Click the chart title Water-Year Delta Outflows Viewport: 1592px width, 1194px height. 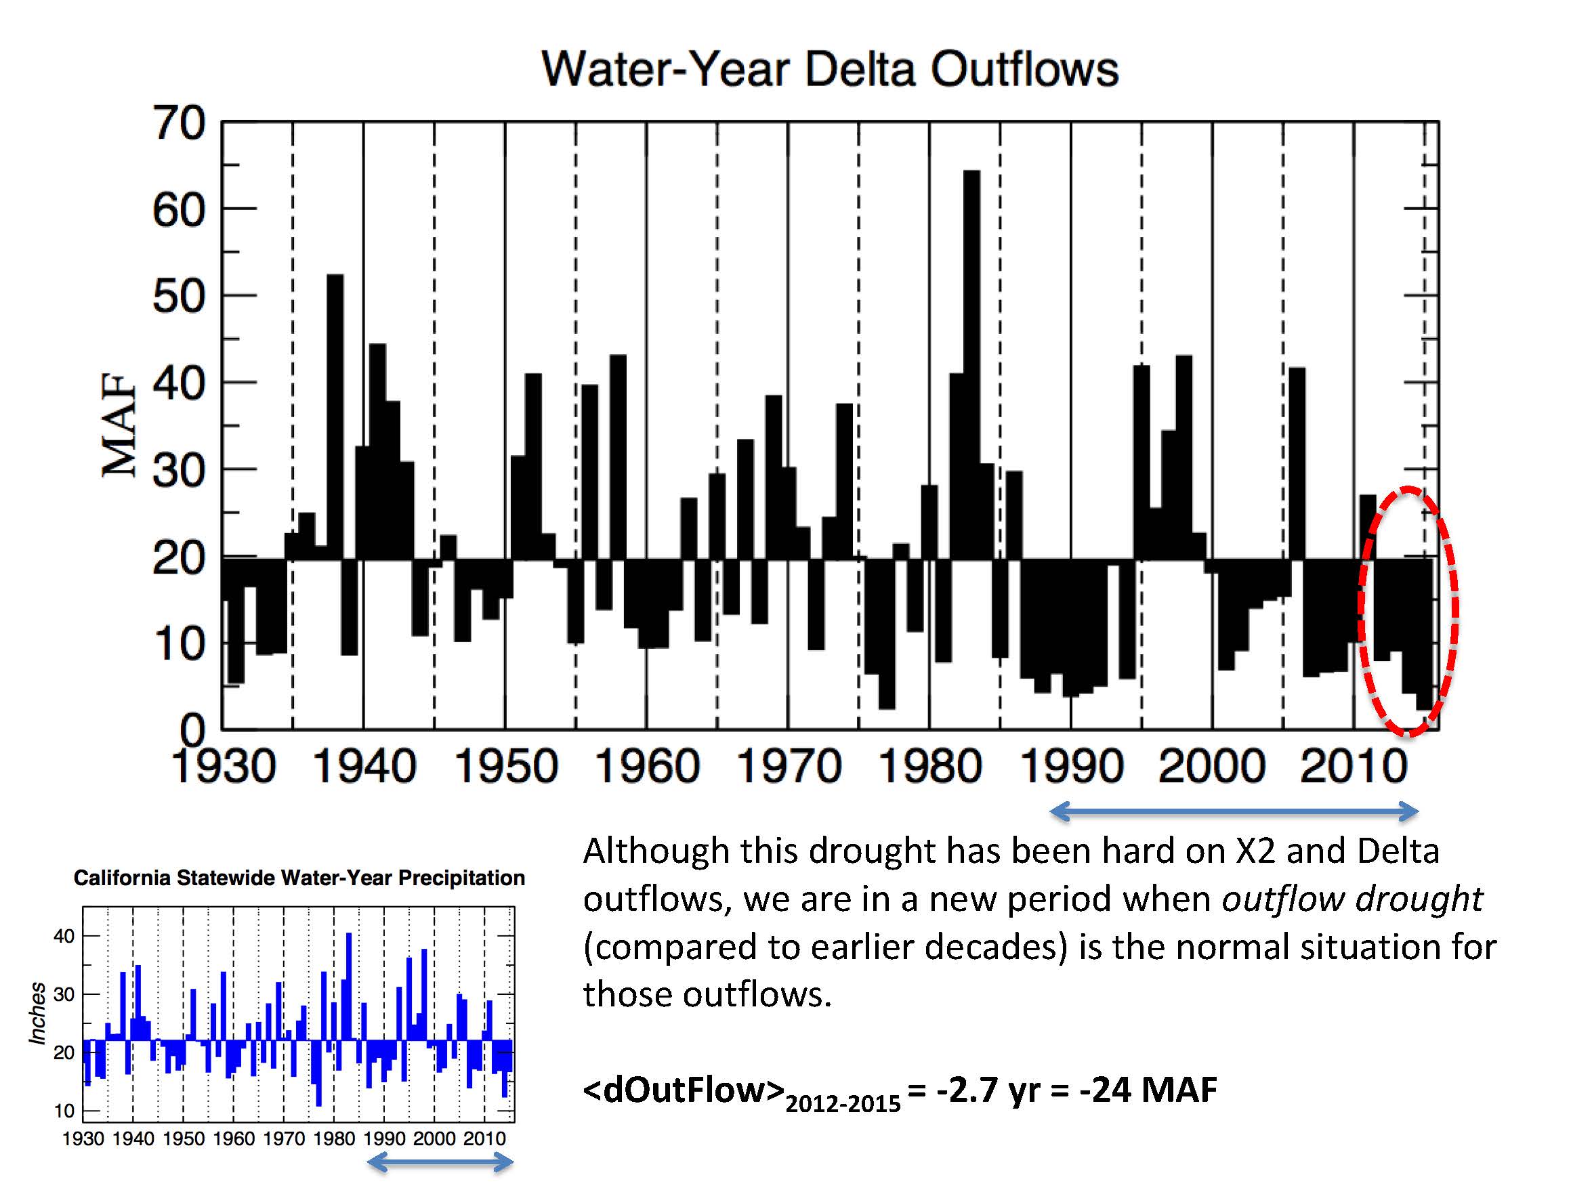coord(829,70)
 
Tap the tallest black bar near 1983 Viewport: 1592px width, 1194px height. coord(971,360)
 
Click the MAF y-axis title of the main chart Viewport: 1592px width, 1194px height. coord(119,425)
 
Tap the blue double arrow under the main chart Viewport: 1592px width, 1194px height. coord(1234,813)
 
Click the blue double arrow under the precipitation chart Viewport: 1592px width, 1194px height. coord(440,1161)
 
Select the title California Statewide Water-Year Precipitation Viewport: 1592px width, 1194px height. coord(299,878)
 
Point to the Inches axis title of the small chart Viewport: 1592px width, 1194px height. coord(37,1012)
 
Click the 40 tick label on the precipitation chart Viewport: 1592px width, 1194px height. coord(64,937)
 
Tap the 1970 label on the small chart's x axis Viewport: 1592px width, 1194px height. coord(284,1138)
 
